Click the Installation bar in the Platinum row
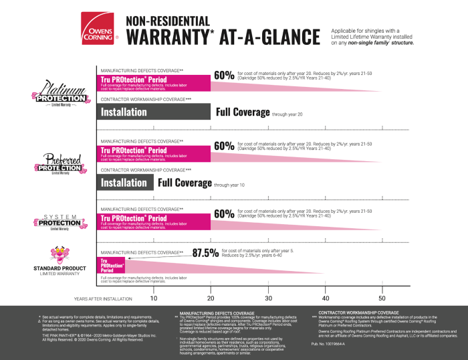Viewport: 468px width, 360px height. click(x=154, y=112)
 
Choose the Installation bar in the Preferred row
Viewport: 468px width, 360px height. click(x=126, y=183)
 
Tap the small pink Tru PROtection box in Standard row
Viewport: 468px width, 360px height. click(x=111, y=264)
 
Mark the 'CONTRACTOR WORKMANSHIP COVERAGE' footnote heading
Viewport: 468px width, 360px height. click(x=358, y=312)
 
